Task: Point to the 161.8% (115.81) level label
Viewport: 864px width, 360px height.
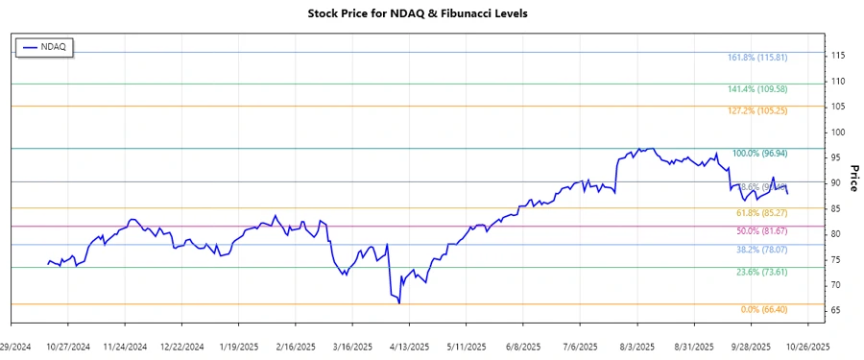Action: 757,58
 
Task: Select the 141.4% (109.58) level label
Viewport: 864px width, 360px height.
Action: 757,89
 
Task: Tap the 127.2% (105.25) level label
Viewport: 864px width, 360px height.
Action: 757,111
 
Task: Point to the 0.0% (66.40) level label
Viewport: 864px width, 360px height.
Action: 764,309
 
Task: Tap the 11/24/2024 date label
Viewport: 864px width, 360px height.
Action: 126,346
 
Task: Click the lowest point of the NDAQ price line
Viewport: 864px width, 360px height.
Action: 398,303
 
